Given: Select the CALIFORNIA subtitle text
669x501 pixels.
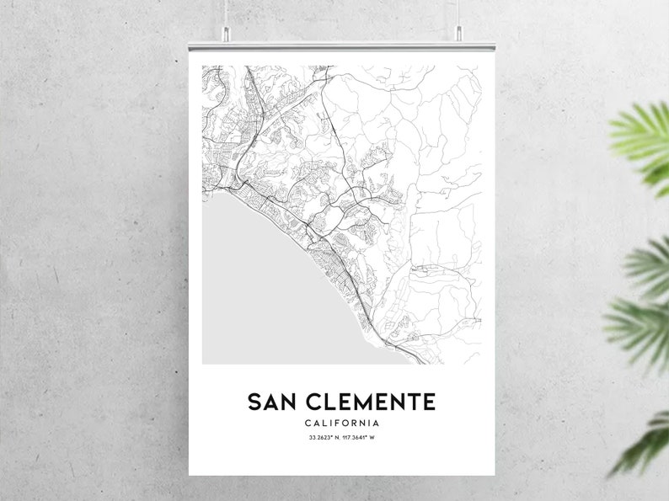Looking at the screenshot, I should (x=341, y=423).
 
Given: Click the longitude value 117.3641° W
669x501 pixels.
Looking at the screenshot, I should (x=360, y=437).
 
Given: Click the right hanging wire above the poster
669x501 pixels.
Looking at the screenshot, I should (x=459, y=13).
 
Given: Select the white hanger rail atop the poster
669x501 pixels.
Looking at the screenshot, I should (x=341, y=47).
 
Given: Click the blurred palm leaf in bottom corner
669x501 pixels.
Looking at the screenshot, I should (x=645, y=446).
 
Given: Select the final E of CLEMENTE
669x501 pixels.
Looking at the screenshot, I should (x=428, y=401).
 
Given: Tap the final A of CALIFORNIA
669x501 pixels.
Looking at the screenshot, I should (x=377, y=423).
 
